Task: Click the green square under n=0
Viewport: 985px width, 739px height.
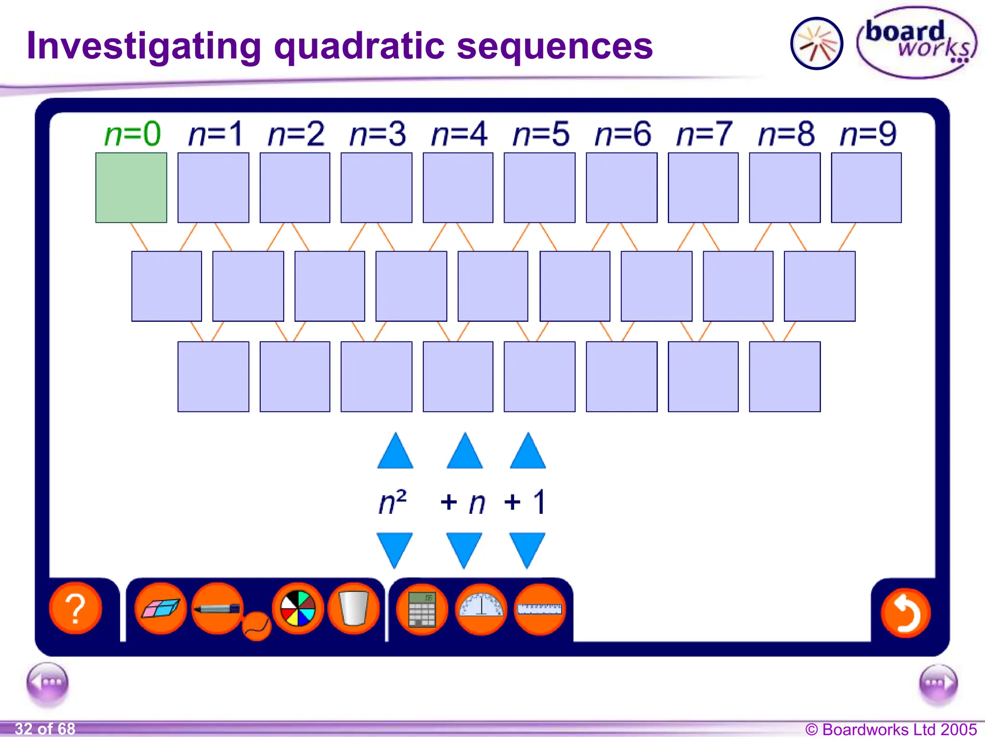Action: tap(131, 188)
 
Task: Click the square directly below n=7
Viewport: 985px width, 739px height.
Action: tap(703, 188)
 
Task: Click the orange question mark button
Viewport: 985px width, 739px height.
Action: tap(76, 608)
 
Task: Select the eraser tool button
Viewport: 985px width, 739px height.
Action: tap(161, 608)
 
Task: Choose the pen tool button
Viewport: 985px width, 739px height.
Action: tap(217, 608)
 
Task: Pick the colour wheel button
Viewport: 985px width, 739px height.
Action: tap(298, 608)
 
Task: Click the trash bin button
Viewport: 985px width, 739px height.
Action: tap(354, 608)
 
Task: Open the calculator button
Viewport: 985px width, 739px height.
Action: tap(422, 609)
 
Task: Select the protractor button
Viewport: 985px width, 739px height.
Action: tap(481, 609)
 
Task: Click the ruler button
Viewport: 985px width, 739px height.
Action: tap(540, 609)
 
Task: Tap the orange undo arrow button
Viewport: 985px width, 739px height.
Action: tap(905, 613)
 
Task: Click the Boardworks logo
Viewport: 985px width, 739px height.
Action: tap(917, 42)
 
